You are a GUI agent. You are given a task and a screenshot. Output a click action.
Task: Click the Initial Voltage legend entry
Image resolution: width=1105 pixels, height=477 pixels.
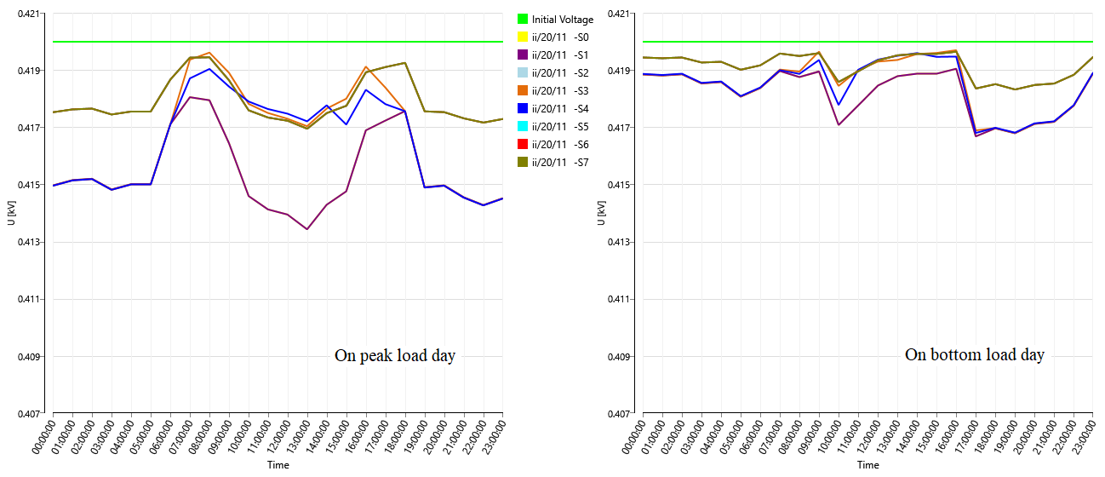point(562,19)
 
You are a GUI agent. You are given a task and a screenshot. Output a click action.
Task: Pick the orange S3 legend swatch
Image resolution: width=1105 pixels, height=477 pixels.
point(523,91)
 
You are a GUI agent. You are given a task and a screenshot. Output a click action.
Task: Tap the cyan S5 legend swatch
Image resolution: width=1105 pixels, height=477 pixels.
point(523,127)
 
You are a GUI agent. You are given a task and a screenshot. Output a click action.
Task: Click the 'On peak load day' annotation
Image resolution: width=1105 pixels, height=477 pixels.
point(394,356)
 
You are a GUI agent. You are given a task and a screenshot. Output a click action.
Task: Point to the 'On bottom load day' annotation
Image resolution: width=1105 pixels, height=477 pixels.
point(974,354)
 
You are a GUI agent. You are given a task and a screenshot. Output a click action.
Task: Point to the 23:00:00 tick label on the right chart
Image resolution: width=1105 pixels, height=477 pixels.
point(1086,440)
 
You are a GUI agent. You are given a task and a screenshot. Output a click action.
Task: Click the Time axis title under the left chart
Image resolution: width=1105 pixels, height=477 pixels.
point(278,465)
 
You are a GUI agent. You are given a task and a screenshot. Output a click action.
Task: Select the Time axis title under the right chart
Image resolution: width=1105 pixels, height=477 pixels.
point(867,465)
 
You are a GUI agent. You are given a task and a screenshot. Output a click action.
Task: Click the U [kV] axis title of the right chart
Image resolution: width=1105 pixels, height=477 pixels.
point(603,214)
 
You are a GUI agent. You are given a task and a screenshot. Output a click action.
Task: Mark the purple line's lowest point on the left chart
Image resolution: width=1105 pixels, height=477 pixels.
point(306,229)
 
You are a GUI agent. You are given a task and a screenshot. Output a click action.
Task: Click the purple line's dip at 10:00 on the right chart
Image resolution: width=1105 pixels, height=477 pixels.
point(839,125)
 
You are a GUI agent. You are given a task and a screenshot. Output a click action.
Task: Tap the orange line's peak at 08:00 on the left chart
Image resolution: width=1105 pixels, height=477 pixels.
point(209,53)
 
